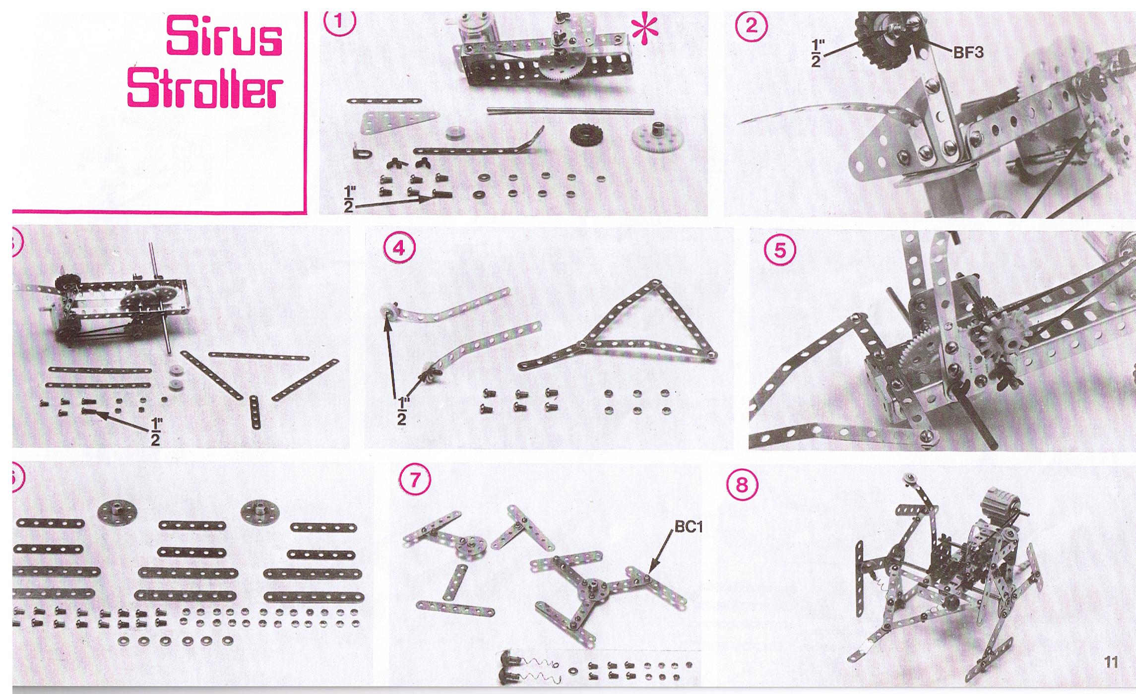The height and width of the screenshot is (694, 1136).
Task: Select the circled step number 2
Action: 752,25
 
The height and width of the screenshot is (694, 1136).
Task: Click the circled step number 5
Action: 781,250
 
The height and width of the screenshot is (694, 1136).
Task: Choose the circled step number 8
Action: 742,484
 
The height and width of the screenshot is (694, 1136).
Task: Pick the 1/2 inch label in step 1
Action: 349,198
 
